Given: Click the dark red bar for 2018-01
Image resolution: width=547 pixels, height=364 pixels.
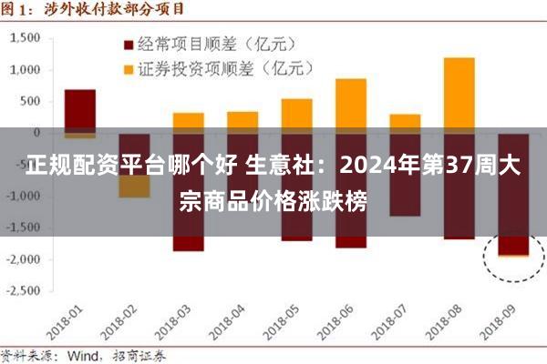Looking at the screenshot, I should pyautogui.click(x=80, y=109).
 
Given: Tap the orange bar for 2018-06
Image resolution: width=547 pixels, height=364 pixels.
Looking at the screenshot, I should pyautogui.click(x=350, y=105).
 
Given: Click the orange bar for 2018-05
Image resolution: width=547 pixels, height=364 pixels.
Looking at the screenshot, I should pyautogui.click(x=296, y=114).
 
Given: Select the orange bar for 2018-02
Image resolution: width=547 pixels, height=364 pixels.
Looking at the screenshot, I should pyautogui.click(x=134, y=187).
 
